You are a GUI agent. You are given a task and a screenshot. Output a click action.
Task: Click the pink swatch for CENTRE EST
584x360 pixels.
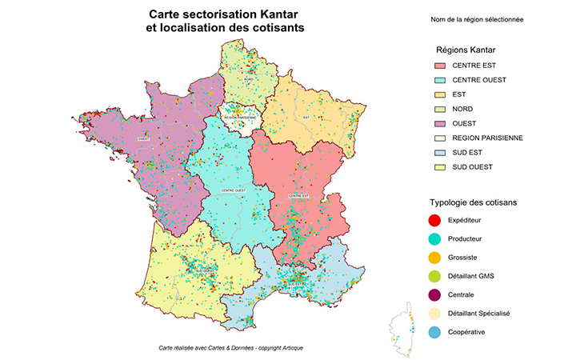tap(439, 66)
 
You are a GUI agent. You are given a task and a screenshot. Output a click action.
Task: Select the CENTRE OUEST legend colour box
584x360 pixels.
tap(439, 80)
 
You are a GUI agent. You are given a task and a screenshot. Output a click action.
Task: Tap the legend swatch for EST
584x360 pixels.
tap(439, 94)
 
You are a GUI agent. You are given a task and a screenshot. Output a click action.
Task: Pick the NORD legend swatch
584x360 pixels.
tap(439, 109)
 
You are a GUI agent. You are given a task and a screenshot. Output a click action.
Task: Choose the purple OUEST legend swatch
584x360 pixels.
tap(439, 123)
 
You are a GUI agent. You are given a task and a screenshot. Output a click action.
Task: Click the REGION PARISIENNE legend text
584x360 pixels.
tap(487, 138)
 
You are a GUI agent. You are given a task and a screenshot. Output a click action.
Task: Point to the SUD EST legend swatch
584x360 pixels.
tap(439, 152)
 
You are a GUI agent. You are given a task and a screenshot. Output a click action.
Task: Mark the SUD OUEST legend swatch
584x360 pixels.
tap(439, 166)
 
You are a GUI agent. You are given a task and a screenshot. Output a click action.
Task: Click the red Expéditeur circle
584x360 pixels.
tap(435, 219)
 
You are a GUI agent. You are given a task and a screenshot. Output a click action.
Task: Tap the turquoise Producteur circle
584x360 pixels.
tap(435, 238)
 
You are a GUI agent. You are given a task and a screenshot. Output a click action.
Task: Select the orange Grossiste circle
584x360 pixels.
tap(435, 257)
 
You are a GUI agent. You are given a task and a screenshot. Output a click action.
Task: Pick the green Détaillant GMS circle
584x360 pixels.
tap(435, 276)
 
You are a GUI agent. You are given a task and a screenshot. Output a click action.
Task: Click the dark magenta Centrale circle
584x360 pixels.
tap(435, 294)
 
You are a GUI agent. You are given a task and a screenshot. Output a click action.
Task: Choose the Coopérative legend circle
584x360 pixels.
tap(435, 332)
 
